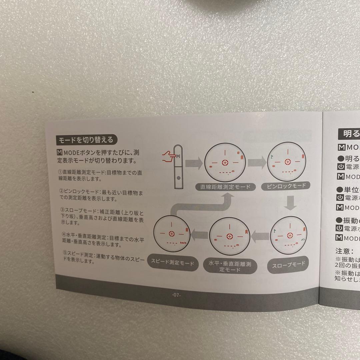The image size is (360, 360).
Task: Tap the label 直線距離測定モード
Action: coord(225,187)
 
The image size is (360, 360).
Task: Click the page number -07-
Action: coord(176,295)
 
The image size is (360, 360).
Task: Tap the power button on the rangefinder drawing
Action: coord(179,178)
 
